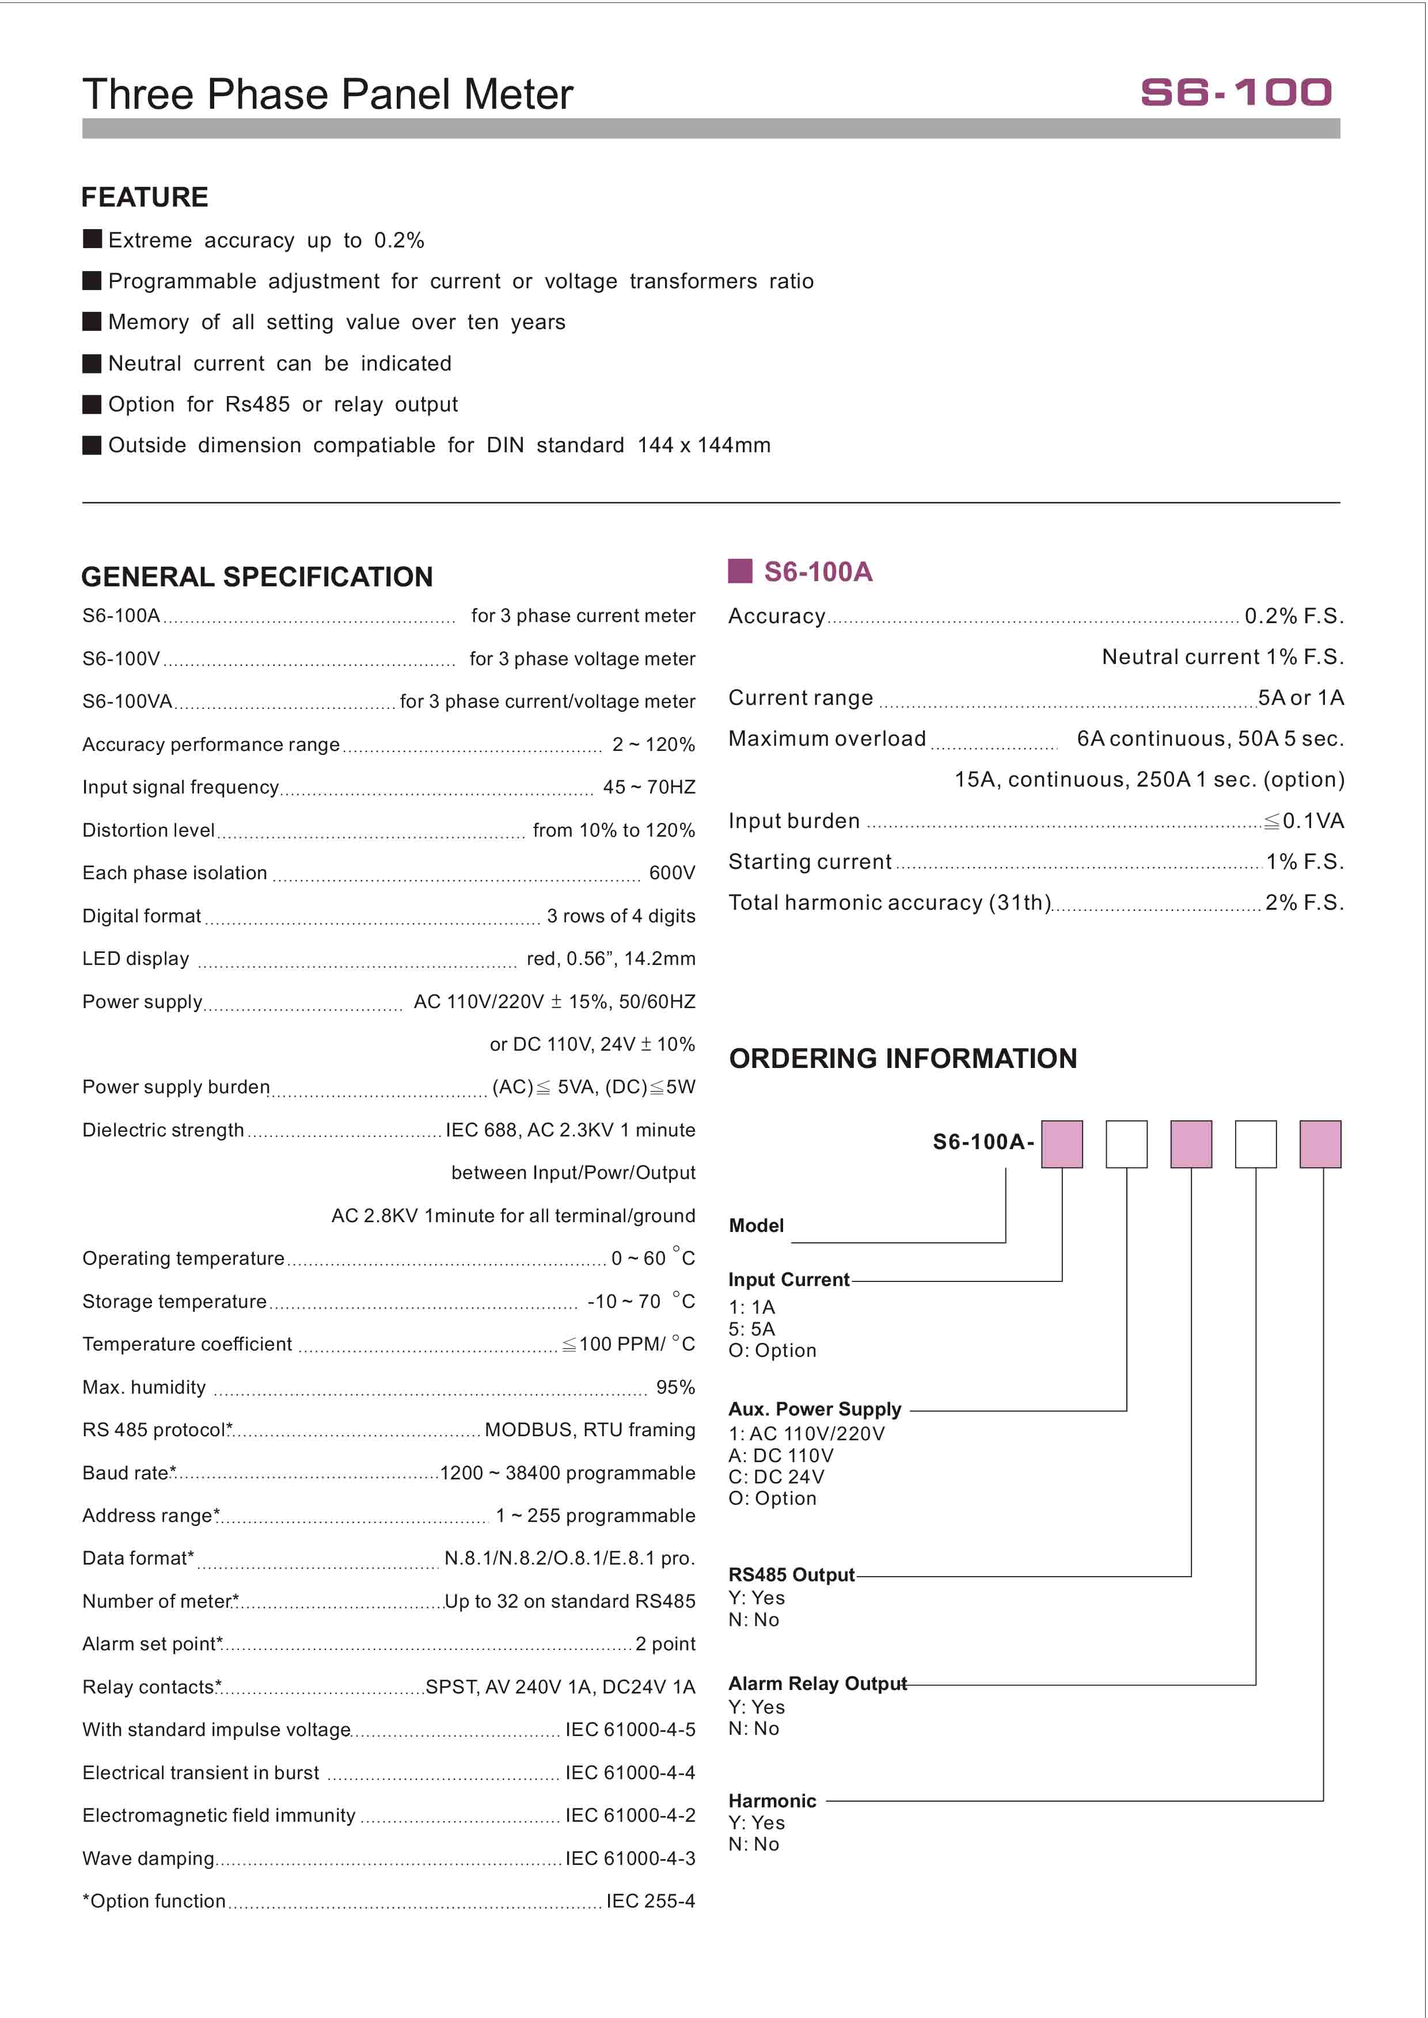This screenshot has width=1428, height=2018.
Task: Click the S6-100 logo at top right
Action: tap(1236, 92)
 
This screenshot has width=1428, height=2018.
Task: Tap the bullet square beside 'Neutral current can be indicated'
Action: tap(92, 363)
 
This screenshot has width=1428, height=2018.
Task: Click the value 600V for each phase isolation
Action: tap(672, 873)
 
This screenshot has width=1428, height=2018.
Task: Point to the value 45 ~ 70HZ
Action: tap(649, 787)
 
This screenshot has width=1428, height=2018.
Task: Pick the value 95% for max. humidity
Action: tap(675, 1387)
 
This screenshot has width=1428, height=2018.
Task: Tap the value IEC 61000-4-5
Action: tap(629, 1730)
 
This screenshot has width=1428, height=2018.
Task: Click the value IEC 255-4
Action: tap(650, 1901)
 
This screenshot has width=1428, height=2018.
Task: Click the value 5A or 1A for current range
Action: tap(1301, 698)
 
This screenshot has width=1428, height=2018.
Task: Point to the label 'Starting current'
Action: tap(810, 861)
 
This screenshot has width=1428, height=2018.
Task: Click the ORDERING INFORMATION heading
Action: tap(903, 1058)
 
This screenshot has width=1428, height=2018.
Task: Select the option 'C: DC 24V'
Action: tap(776, 1477)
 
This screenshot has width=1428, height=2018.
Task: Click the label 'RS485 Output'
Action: tap(791, 1574)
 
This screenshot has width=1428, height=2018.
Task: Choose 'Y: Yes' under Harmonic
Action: tap(756, 1823)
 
